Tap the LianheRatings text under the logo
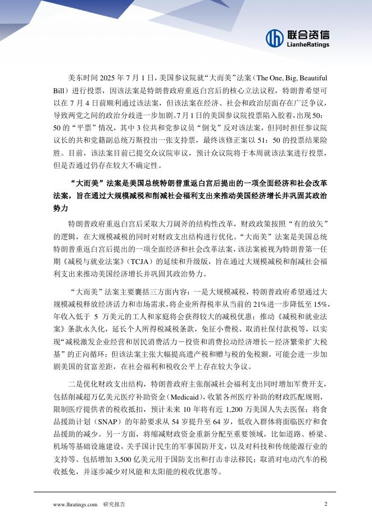309,44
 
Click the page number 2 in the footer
326,504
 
